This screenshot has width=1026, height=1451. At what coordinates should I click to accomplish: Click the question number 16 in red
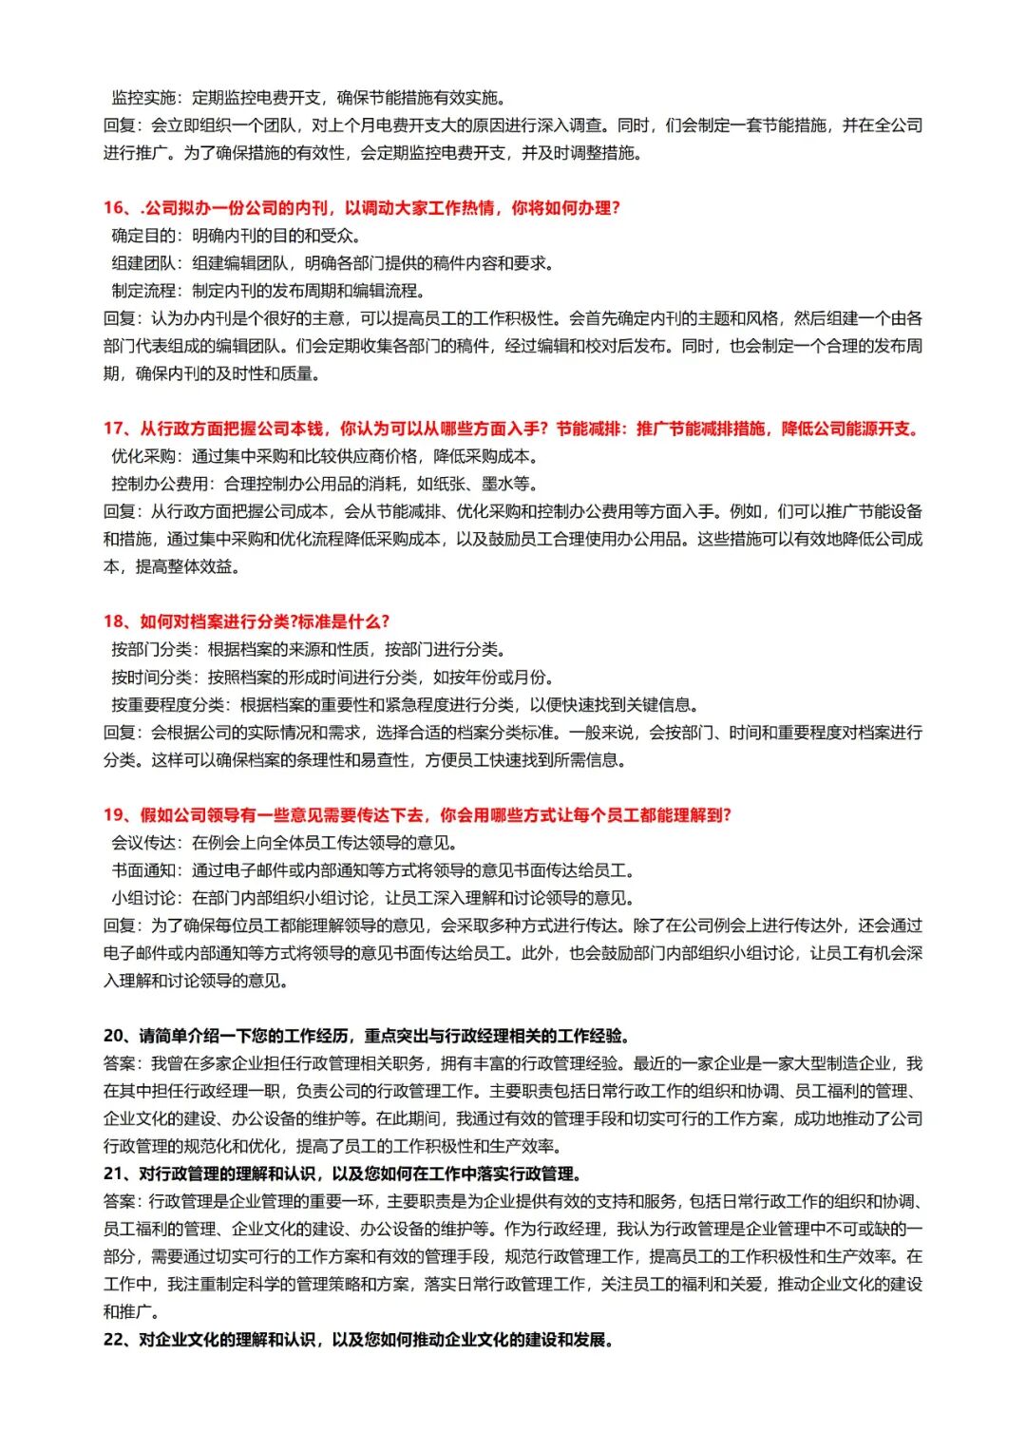tap(114, 208)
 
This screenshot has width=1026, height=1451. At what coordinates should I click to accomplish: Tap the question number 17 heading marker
tap(114, 430)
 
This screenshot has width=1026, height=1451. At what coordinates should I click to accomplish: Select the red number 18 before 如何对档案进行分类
tap(114, 622)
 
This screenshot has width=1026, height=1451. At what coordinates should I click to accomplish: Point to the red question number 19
tap(114, 815)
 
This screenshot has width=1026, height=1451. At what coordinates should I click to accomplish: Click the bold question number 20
tap(114, 1036)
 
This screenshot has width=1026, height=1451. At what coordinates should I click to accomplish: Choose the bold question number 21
tap(114, 1174)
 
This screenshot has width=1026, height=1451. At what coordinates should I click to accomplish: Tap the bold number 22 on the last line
tap(114, 1340)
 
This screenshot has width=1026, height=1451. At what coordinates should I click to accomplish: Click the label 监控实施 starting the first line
tap(143, 98)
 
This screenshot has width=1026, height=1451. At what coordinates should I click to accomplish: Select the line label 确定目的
tap(143, 236)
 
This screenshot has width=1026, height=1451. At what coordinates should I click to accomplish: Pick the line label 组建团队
tap(143, 263)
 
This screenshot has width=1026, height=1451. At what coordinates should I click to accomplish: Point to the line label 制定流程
tap(143, 291)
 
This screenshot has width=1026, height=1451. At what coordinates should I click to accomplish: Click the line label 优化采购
tap(143, 457)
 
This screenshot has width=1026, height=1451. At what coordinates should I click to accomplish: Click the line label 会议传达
tap(143, 843)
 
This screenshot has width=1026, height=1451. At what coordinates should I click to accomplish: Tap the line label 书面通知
tap(143, 870)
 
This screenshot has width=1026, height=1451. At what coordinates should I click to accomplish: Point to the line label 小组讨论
tap(143, 898)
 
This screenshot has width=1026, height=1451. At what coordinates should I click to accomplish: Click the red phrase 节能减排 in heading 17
tap(588, 430)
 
